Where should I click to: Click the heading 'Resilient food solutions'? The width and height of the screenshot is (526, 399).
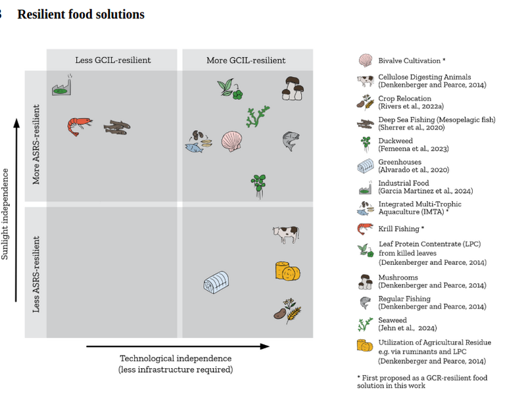pos(81,14)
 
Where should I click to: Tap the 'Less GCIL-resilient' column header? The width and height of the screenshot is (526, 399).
pos(113,60)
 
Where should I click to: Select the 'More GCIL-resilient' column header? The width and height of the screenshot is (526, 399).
pos(246,60)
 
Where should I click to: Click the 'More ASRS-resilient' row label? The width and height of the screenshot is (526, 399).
pos(36,144)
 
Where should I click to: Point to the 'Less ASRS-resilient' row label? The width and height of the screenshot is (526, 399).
pos(36,274)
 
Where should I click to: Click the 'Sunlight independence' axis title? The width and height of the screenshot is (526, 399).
pos(5,214)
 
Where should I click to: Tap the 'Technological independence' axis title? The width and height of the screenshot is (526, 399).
pos(176,358)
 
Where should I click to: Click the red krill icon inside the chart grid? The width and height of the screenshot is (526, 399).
pos(80,126)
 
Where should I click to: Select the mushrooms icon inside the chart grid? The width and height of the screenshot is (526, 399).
pos(293,89)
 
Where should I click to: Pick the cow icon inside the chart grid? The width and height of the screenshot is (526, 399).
pos(286,234)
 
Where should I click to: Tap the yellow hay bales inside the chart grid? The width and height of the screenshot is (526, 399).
pos(288,271)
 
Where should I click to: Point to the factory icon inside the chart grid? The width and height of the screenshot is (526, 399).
pos(62,85)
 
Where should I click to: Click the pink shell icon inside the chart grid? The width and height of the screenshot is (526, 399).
pos(232,141)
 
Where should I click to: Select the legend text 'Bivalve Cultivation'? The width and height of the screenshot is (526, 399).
pos(409,60)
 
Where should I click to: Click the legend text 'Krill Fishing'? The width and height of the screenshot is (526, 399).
pos(399,229)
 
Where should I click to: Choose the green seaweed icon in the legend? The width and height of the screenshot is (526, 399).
pos(365,324)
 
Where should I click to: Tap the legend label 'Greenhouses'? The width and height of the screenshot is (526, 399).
pos(400,162)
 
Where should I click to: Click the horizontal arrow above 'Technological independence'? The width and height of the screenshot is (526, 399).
pos(178,346)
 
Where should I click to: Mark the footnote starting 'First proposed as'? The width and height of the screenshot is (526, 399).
pos(422,381)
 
